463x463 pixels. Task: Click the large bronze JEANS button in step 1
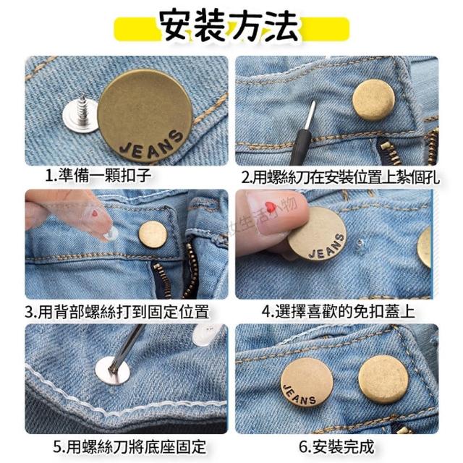(x=145, y=116)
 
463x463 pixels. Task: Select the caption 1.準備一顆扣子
(x=98, y=175)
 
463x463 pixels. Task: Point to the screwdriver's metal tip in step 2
(x=310, y=116)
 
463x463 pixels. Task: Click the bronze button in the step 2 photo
(x=373, y=101)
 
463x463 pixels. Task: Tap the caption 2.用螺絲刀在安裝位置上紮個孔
(x=341, y=177)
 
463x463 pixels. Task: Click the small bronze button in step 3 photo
(x=153, y=234)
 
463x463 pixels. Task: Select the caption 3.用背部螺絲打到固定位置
(x=117, y=312)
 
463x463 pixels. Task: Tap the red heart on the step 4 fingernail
(x=270, y=207)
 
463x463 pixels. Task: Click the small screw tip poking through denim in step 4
(x=360, y=244)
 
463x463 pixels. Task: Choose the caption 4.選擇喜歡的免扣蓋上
(x=339, y=312)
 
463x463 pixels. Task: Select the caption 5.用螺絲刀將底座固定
(x=129, y=447)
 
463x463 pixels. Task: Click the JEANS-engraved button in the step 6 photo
(x=307, y=383)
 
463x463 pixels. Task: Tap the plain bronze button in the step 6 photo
(x=383, y=380)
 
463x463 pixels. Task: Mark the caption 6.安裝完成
(x=336, y=446)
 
